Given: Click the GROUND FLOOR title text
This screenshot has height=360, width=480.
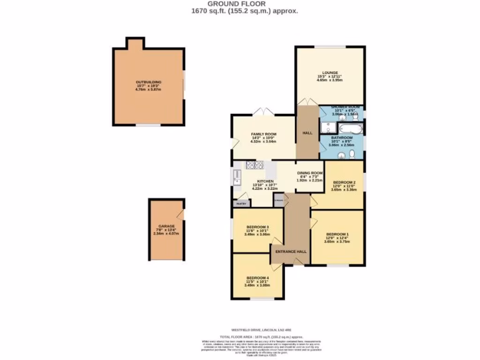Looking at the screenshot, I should click(240, 4).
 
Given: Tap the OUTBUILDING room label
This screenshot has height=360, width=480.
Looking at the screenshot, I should click(149, 82).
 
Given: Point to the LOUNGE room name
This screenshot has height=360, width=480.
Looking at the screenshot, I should click(330, 73).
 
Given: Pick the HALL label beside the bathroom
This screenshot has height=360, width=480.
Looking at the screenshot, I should click(307, 133).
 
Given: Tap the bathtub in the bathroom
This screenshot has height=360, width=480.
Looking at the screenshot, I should click(349, 128).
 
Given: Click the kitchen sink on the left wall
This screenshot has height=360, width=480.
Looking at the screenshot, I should click(236, 177).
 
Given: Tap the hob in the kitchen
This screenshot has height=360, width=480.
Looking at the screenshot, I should click(255, 165).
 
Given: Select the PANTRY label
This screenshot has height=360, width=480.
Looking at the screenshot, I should click(241, 204).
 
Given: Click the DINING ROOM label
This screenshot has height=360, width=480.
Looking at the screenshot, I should click(310, 172).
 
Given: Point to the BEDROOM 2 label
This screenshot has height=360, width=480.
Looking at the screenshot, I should click(344, 182).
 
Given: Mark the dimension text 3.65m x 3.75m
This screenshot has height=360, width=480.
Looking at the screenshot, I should click(337, 241).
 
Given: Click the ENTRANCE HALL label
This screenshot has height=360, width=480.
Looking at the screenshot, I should click(291, 252).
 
